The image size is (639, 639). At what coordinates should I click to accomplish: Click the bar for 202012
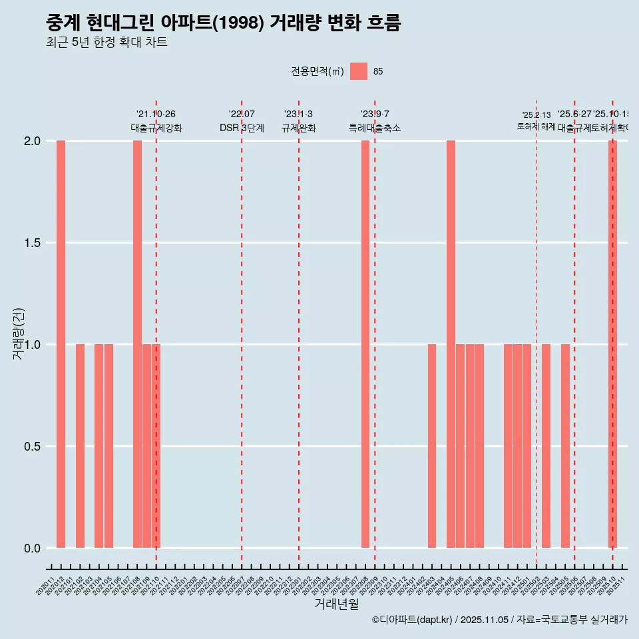(61, 344)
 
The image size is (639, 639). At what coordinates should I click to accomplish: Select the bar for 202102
(80, 446)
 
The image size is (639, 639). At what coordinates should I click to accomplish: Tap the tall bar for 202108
(137, 344)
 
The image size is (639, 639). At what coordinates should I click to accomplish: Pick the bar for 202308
(365, 344)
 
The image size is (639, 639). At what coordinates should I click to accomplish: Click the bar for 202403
(432, 446)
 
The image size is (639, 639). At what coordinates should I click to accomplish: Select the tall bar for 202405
(451, 344)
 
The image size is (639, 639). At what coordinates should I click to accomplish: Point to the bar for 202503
(546, 446)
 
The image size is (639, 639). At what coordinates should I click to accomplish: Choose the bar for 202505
(565, 446)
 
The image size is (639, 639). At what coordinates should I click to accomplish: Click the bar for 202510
(612, 344)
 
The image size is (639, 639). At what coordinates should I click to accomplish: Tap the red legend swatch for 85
(359, 71)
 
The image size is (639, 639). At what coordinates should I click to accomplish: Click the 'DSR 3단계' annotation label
(242, 128)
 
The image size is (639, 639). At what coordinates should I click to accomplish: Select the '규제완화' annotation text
(298, 128)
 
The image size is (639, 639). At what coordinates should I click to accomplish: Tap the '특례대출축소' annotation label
(375, 128)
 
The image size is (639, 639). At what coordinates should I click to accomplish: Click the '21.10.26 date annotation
(156, 114)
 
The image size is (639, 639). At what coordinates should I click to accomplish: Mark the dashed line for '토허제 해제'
(536, 333)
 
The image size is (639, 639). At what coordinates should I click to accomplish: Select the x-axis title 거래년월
(336, 604)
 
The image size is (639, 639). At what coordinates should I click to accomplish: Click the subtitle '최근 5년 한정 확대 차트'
(106, 43)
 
